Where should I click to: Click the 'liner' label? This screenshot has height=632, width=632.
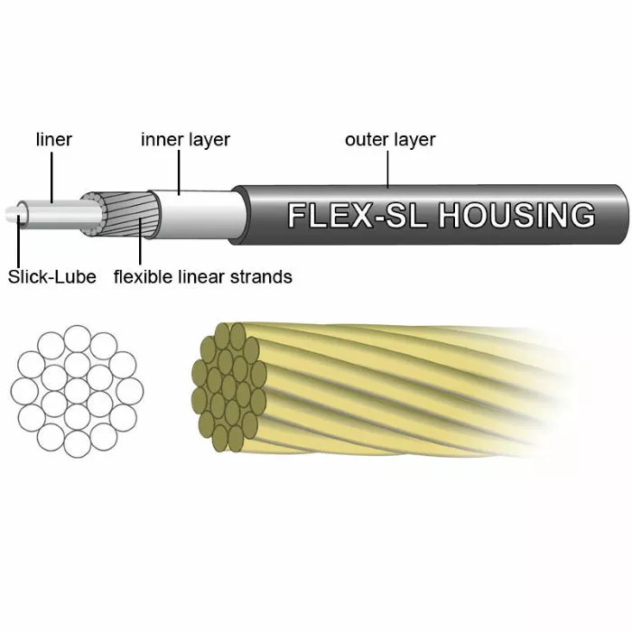53,140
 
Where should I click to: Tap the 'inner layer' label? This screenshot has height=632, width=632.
185,140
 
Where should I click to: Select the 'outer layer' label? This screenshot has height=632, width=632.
390,140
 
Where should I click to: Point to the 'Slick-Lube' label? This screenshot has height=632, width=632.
51,276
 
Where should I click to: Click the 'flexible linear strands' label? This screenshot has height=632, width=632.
202,276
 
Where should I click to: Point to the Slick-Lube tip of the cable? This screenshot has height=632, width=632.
13,215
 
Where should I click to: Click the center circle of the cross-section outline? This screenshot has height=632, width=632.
78,390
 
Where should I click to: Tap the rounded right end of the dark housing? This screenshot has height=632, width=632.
618,215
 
